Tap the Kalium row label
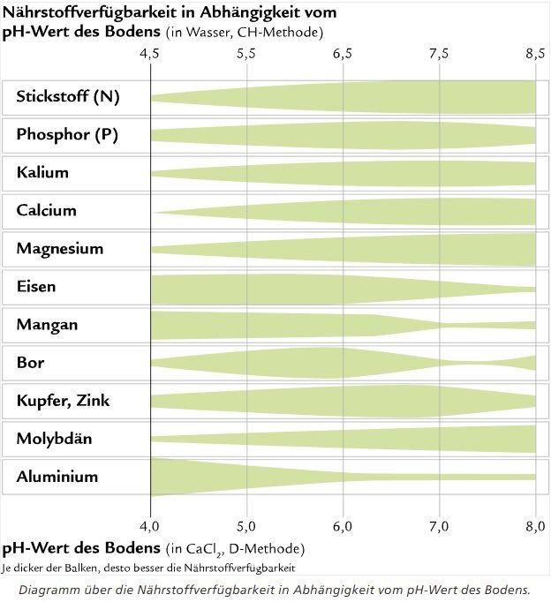(x=42, y=173)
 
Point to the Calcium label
(x=46, y=211)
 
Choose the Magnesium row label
(x=59, y=249)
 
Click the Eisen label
(x=36, y=287)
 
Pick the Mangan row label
(x=47, y=325)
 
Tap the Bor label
(x=30, y=363)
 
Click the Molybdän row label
(x=54, y=439)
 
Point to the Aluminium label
(x=57, y=478)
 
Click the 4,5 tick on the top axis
(x=151, y=53)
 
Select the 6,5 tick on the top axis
(x=343, y=53)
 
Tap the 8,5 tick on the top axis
(x=535, y=53)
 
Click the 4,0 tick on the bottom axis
(x=151, y=527)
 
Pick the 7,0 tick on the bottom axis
(x=439, y=527)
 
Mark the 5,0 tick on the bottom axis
(x=246, y=527)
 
